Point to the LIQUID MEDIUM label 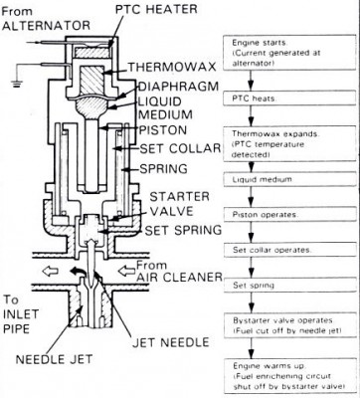tap(150, 110)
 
